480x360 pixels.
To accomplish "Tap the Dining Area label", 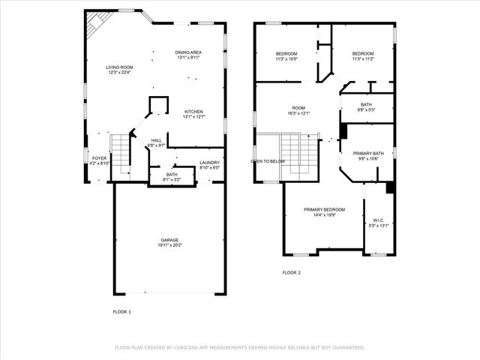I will coord(188,52).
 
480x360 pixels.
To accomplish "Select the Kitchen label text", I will coord(194,112).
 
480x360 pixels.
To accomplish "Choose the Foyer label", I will coord(99,158).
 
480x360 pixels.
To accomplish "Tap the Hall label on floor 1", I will coord(156,140).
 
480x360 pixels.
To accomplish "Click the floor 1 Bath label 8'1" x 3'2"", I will coord(172,175).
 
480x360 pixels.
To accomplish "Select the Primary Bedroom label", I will coord(324,209).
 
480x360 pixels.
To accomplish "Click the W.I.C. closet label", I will coord(378,220).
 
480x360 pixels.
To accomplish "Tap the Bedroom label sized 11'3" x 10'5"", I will coord(286,53).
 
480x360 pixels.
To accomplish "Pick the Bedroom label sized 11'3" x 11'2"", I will coord(363,53).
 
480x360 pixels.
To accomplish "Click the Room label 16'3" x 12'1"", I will coord(299,107).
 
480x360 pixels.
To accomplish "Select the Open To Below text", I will coord(268,161).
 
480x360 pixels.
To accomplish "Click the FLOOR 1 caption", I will coord(121,311).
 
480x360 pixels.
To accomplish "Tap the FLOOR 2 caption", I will coord(291,273).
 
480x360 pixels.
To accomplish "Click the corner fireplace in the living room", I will coord(94,24).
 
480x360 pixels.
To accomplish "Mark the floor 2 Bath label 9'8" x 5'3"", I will coord(366,105).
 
